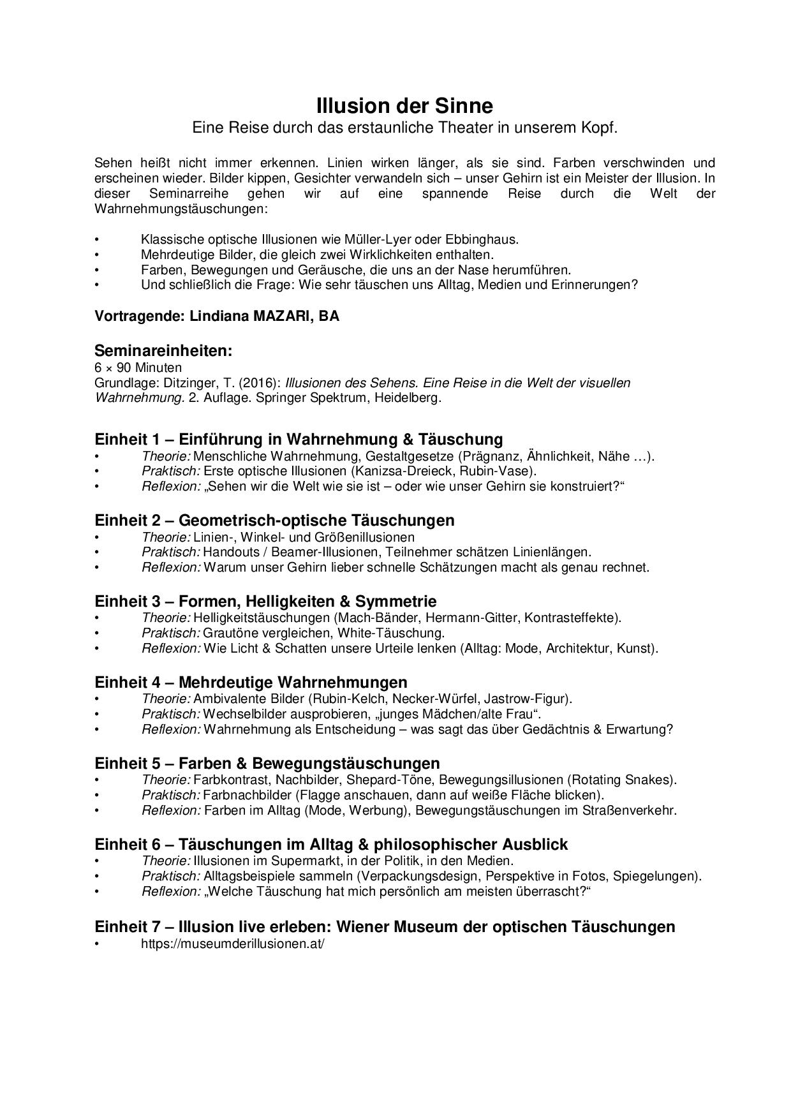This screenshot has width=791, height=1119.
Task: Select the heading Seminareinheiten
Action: tap(163, 350)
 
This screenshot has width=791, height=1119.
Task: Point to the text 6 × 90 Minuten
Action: tap(138, 367)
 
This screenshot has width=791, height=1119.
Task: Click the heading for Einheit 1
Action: tap(299, 439)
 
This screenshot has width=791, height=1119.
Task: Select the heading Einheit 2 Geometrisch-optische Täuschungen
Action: tap(274, 520)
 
